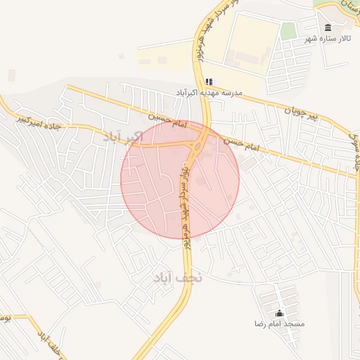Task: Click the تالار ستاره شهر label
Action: (327, 39)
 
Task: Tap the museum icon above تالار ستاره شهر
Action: (327, 28)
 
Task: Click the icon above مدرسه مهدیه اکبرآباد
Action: (208, 82)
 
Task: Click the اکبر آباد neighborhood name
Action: (123, 136)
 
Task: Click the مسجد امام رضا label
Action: (280, 324)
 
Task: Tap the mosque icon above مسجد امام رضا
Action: (280, 314)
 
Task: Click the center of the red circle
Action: (180, 179)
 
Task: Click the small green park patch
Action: (288, 31)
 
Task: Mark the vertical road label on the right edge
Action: (355, 151)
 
